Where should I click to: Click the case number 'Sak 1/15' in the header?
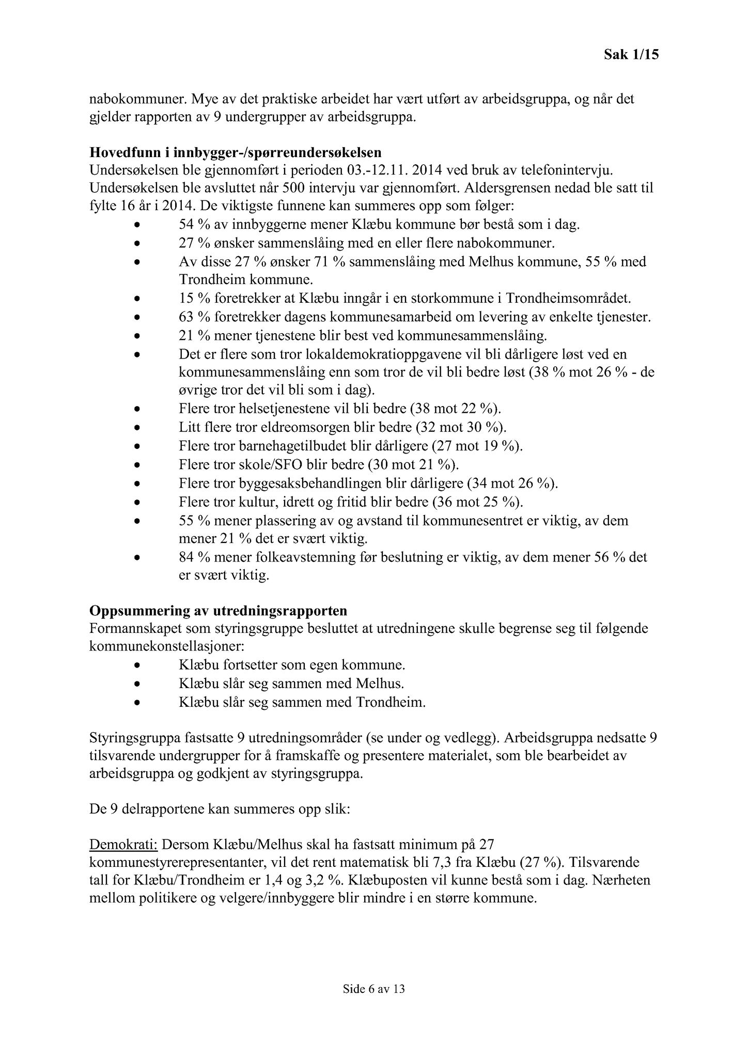[631, 55]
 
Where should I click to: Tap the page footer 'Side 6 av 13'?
[373, 989]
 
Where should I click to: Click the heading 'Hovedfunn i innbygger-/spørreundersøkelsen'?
[236, 152]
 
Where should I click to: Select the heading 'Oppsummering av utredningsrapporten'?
[219, 611]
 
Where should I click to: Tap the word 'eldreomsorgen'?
[307, 428]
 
